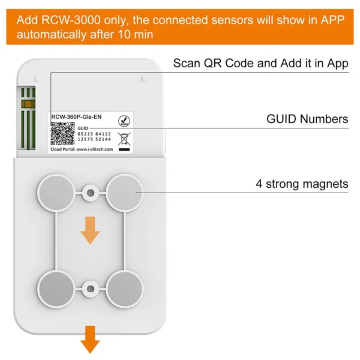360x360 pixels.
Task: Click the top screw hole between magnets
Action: (x=90, y=193)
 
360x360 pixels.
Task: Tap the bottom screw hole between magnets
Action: (x=90, y=289)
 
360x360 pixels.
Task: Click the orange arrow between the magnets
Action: (x=90, y=230)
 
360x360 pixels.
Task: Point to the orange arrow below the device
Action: (x=90, y=338)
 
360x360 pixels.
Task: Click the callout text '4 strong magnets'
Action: (x=302, y=184)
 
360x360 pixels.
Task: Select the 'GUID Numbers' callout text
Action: (x=307, y=119)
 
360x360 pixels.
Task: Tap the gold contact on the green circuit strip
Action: (x=27, y=104)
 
